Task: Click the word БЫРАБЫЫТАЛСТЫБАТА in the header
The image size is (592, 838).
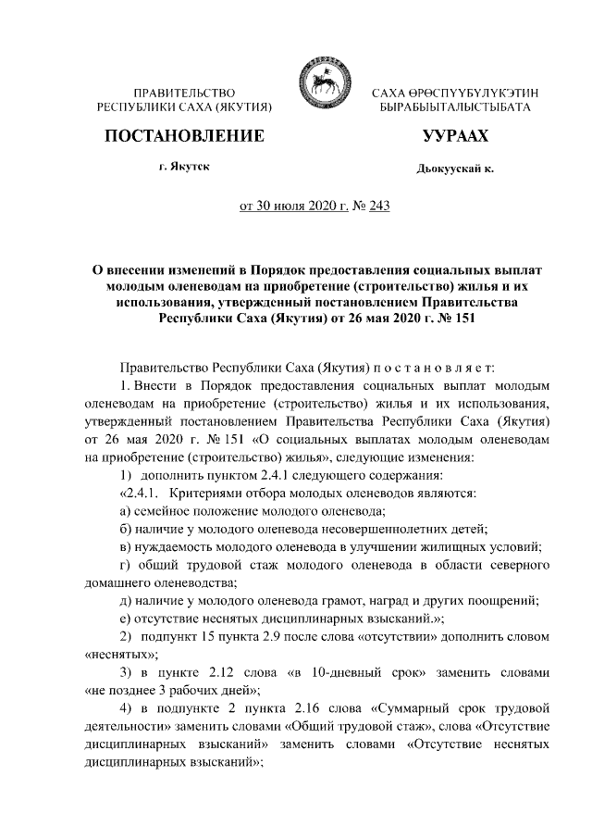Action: (455, 108)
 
